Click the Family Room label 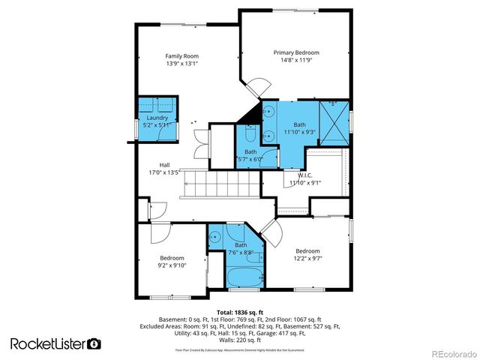(181, 55)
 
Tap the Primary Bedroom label (296, 52)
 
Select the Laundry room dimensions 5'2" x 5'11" (157, 125)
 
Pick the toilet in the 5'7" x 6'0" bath (248, 136)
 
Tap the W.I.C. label (304, 175)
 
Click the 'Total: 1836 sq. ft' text (240, 311)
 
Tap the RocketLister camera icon (94, 343)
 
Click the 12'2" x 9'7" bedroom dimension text (307, 259)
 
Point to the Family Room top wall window (182, 24)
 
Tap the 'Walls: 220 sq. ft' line (240, 340)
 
